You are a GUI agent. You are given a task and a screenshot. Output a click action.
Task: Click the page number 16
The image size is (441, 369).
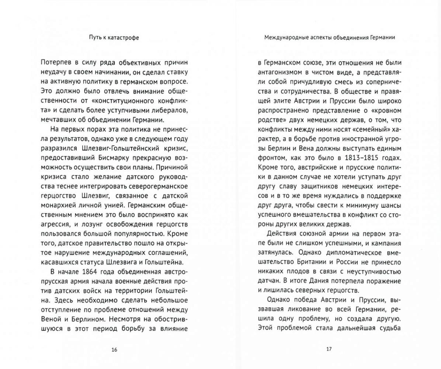(114, 349)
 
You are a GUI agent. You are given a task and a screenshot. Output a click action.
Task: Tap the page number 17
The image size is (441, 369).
(329, 349)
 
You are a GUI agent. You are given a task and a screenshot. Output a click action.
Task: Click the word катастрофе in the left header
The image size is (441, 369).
(124, 38)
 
